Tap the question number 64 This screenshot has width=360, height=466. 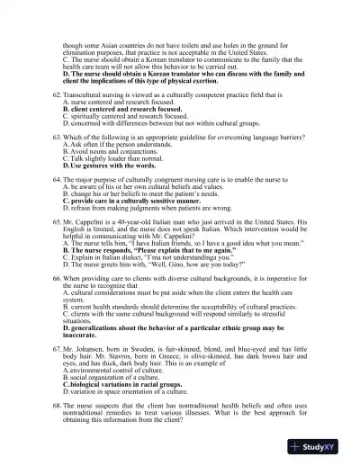[x=57, y=182]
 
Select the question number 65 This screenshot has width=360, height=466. [x=57, y=222]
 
